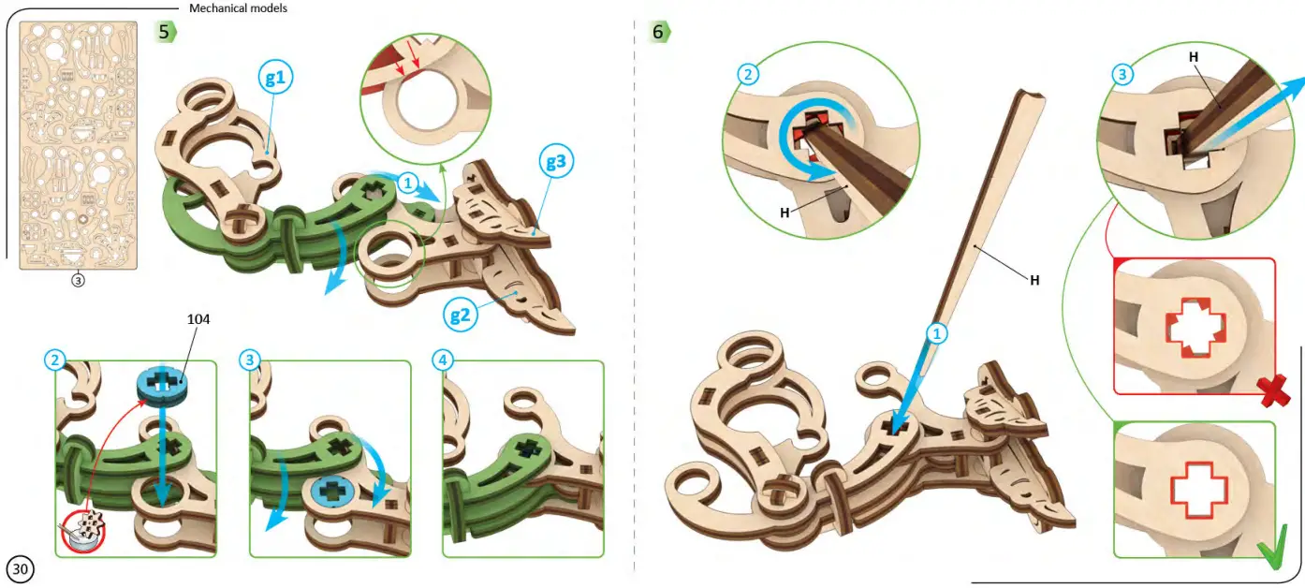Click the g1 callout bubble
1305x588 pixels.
click(x=274, y=79)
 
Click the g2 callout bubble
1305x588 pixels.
click(x=458, y=315)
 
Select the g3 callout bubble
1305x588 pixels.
click(x=555, y=162)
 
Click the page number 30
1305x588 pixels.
click(x=21, y=568)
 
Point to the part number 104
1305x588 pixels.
click(x=198, y=319)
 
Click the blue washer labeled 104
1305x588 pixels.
click(x=162, y=384)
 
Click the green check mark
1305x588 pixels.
click(x=1271, y=551)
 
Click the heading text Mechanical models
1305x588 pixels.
click(x=238, y=8)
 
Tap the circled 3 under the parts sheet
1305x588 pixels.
click(x=79, y=279)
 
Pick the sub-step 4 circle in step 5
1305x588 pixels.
click(x=444, y=360)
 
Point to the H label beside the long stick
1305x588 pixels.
click(x=1034, y=279)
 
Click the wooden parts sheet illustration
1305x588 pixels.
click(x=79, y=145)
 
